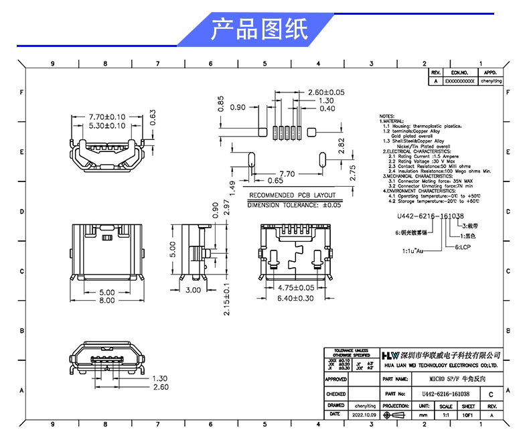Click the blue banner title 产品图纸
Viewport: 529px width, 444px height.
[259, 30]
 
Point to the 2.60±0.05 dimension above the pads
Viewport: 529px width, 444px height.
[325, 92]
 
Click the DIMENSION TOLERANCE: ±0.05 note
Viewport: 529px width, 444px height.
[295, 205]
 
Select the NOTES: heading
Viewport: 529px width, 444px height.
[387, 116]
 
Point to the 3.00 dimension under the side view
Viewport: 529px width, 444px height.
[193, 290]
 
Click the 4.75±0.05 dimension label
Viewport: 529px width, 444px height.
[295, 288]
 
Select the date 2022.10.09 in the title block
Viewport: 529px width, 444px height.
[364, 415]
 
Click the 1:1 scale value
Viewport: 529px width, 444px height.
[445, 415]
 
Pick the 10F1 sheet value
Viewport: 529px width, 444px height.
[468, 415]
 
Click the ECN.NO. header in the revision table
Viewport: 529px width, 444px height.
[459, 72]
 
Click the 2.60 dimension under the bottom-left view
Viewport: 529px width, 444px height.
[161, 387]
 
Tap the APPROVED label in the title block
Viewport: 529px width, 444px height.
[336, 379]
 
